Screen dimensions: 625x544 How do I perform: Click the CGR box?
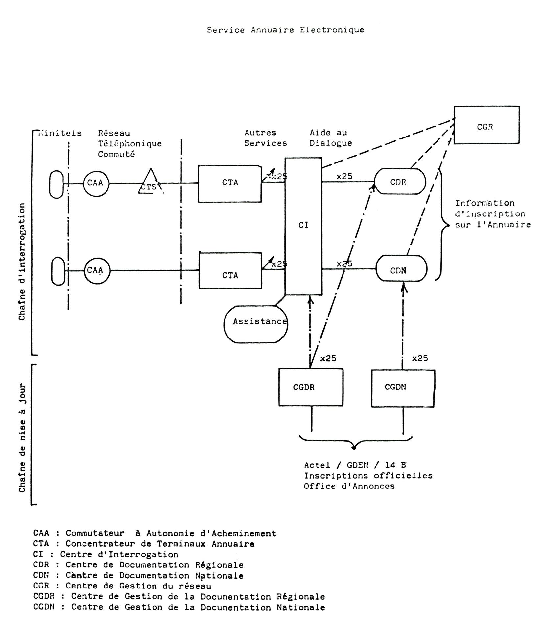click(486, 125)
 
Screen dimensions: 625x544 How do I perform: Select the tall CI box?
click(303, 226)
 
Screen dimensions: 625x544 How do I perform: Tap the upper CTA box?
click(229, 184)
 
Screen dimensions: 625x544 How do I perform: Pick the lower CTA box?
click(230, 271)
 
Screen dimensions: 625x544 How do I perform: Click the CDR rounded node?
click(400, 182)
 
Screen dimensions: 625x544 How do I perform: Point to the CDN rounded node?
click(401, 268)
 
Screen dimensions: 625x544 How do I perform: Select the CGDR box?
click(311, 387)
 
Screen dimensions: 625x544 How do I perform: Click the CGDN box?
click(403, 388)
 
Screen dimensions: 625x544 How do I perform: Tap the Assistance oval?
click(255, 324)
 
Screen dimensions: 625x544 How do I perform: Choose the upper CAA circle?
click(96, 183)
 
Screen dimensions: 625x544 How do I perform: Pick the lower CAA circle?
click(97, 271)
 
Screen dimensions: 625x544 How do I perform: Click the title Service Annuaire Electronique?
click(285, 30)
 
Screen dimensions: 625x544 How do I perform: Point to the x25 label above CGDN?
click(420, 358)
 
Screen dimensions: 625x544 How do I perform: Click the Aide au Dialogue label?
click(330, 138)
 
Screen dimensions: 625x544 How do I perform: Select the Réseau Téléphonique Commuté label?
click(130, 143)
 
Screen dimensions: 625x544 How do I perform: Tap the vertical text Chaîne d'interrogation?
click(22, 262)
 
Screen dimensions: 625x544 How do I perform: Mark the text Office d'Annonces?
click(349, 486)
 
